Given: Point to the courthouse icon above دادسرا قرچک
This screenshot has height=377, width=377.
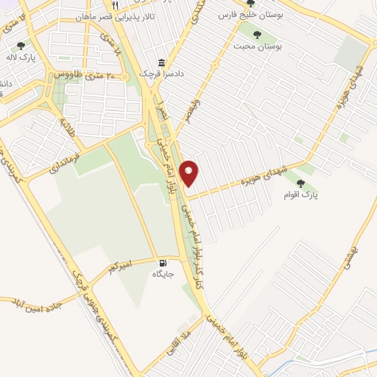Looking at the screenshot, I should (x=162, y=64).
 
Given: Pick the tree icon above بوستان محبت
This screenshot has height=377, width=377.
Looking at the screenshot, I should (x=256, y=34).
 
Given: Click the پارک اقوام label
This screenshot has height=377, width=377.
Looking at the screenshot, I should (x=300, y=196).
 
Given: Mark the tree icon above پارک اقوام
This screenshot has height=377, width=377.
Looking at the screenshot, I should (x=300, y=183).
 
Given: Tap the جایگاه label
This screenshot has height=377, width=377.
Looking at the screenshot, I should (x=163, y=275).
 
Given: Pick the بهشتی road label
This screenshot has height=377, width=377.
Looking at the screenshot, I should (x=359, y=258).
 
